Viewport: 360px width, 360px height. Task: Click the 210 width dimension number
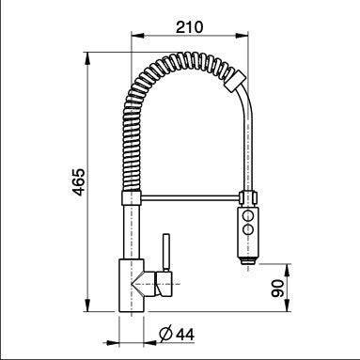point(192,27)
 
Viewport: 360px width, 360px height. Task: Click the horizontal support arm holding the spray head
point(188,198)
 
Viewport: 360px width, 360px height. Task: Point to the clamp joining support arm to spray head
point(248,198)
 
